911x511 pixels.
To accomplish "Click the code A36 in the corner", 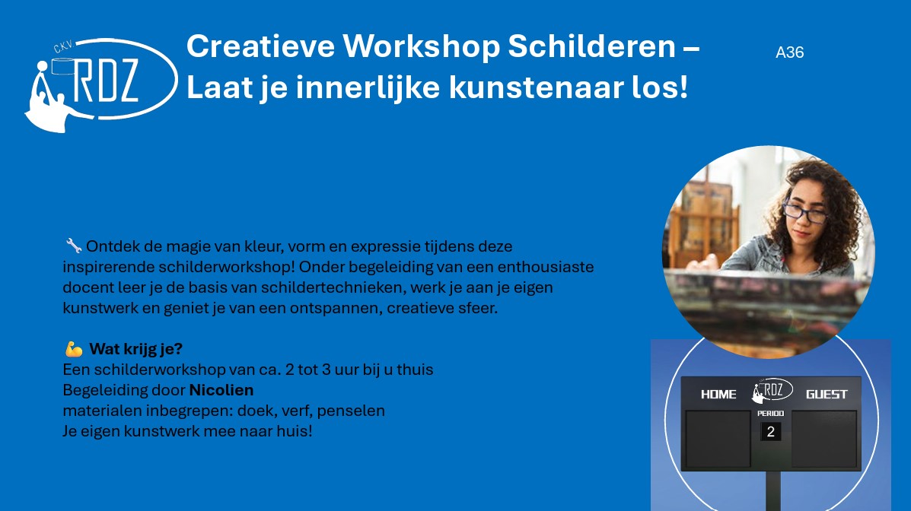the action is [789, 52].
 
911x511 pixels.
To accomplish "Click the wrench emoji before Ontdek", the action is [73, 246].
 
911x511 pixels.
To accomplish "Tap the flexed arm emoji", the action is [74, 349].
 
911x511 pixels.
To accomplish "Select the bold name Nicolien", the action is [221, 389].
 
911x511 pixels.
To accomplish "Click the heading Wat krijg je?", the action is [136, 349].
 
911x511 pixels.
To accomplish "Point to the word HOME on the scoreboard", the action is [718, 395].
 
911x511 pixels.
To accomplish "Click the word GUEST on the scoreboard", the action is [827, 395].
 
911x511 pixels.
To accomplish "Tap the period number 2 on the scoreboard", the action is [770, 431].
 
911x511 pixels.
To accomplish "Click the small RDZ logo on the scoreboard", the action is [772, 390].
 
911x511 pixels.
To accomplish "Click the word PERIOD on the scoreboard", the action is [770, 414].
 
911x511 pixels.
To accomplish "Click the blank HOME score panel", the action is [718, 439].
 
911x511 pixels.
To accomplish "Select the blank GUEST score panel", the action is [824, 439].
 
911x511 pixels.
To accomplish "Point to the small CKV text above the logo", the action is [62, 46].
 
